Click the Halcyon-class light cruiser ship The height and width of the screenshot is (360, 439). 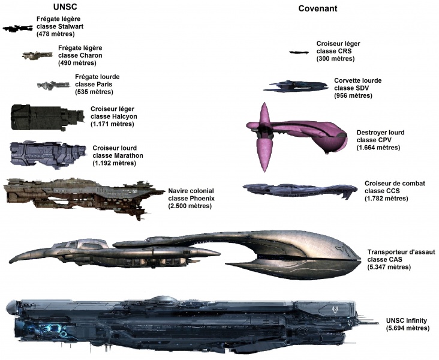coord(46,117)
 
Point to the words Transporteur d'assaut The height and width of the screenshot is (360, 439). coord(400,252)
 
